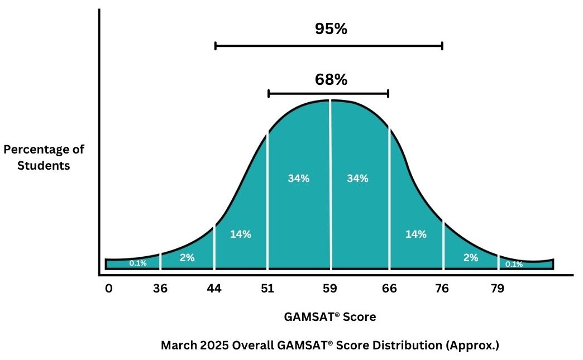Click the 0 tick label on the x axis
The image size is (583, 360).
tap(108, 289)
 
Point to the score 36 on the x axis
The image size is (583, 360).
tap(161, 289)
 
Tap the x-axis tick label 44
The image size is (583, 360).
tap(214, 289)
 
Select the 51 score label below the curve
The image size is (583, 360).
tap(267, 289)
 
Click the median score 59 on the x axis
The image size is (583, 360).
tap(330, 289)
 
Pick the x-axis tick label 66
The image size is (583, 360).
tap(389, 289)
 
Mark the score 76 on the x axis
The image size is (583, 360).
tap(443, 289)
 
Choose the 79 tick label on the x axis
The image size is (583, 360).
tap(498, 289)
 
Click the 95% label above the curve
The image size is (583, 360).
tap(331, 29)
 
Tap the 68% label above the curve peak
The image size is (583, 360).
tap(331, 80)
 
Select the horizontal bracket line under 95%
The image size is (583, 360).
tap(329, 46)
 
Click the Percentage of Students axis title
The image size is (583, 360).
tap(44, 157)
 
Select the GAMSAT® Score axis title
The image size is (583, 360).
tap(330, 317)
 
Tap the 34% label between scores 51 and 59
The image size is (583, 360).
tap(299, 179)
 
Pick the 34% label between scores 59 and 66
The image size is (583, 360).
tap(357, 179)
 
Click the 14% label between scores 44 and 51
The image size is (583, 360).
tap(241, 234)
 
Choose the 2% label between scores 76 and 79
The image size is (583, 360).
tap(471, 257)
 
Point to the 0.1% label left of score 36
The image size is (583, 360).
tap(138, 263)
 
